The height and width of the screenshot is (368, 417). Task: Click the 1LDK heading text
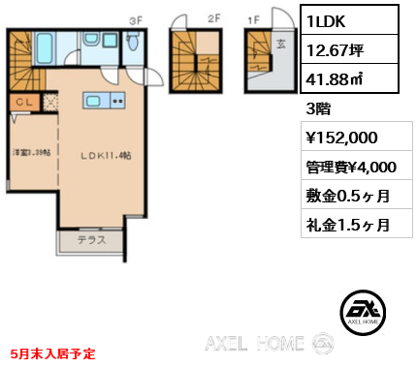[331, 19]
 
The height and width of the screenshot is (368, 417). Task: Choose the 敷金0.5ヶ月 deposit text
[348, 196]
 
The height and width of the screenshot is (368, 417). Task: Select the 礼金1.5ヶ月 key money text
[348, 226]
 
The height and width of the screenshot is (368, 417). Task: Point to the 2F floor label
[213, 17]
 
